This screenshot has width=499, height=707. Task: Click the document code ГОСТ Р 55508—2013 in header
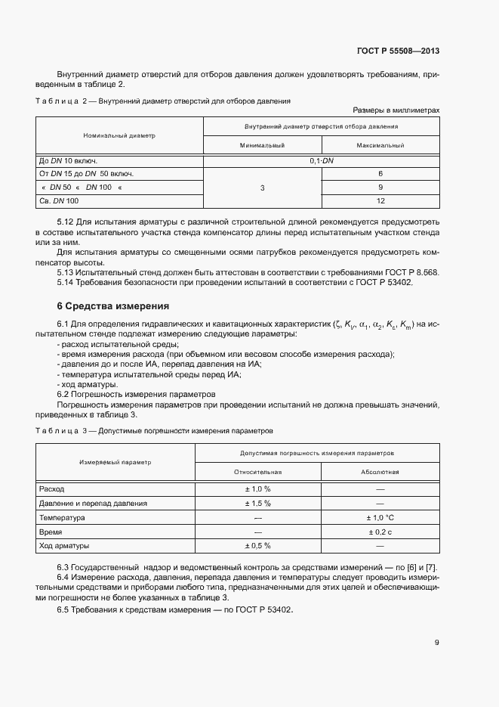click(398, 51)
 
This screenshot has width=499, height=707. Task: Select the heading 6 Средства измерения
click(113, 306)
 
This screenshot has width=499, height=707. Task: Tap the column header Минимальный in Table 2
click(262, 145)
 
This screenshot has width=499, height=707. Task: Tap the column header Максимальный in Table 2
click(380, 145)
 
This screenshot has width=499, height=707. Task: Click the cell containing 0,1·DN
click(322, 161)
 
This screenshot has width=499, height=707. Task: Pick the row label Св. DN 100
click(58, 201)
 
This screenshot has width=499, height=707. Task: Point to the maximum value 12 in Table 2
click(380, 201)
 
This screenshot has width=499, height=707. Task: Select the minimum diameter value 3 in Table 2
click(262, 188)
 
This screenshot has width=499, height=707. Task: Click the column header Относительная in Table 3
click(257, 472)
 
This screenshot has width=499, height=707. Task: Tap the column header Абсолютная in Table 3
click(380, 472)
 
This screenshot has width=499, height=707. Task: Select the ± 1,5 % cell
click(257, 503)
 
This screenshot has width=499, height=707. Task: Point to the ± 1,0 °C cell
click(380, 517)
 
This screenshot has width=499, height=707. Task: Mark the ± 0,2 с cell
click(380, 532)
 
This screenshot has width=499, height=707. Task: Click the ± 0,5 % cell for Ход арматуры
click(257, 545)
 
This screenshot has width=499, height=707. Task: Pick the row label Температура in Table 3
click(62, 517)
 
